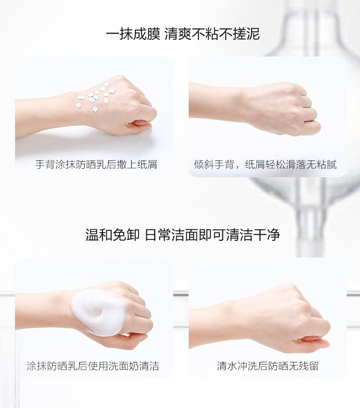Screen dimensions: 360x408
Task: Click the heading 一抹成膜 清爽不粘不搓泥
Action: [x=183, y=34]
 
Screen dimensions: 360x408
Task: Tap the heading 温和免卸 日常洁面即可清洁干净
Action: [x=183, y=235]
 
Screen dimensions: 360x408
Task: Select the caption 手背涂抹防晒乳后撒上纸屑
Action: [x=96, y=165]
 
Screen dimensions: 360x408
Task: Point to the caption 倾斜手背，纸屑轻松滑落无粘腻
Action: [x=265, y=165]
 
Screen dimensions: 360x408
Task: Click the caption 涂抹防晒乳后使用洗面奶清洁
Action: [x=93, y=366]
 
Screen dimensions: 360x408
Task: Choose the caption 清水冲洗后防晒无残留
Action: [x=267, y=366]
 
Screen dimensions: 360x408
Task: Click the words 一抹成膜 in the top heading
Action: [x=133, y=34]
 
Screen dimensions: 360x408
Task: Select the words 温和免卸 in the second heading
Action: [x=113, y=235]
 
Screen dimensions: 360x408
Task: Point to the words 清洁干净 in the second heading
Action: [x=253, y=235]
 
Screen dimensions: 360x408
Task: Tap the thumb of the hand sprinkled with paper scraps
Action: [x=139, y=124]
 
